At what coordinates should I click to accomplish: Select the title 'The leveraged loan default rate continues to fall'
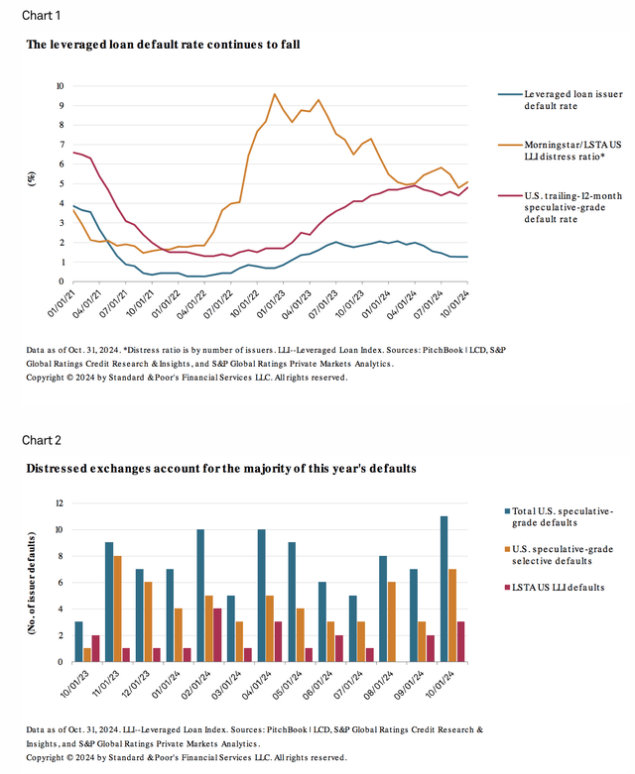point(163,45)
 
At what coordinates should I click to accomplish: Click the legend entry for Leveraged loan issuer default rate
point(560,99)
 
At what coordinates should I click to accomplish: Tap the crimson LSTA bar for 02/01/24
point(218,635)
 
